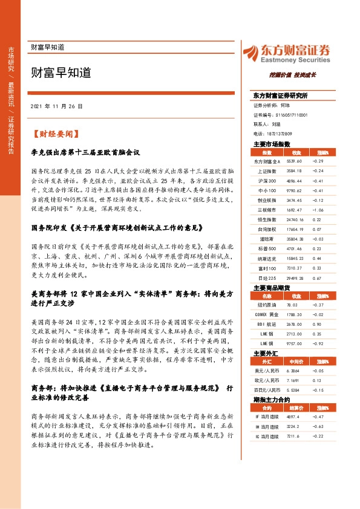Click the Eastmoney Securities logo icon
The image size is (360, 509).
[251, 53]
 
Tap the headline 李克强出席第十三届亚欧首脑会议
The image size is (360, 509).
[85, 154]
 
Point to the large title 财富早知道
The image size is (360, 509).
[61, 73]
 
